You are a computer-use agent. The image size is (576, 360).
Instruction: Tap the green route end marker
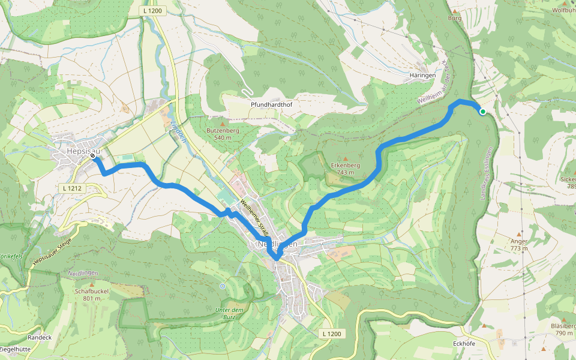482,111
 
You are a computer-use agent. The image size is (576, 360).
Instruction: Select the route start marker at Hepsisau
93,156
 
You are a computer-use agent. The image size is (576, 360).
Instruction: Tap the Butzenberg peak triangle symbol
223,122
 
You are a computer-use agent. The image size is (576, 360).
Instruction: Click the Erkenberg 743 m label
345,169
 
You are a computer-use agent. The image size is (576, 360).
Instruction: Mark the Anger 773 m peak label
518,245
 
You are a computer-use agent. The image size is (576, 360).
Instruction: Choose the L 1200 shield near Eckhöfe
331,334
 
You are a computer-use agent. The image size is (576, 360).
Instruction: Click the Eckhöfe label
464,344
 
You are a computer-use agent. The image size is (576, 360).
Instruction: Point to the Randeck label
40,337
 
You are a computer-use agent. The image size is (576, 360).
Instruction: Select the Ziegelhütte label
16,349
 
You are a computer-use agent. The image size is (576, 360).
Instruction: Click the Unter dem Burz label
228,313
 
